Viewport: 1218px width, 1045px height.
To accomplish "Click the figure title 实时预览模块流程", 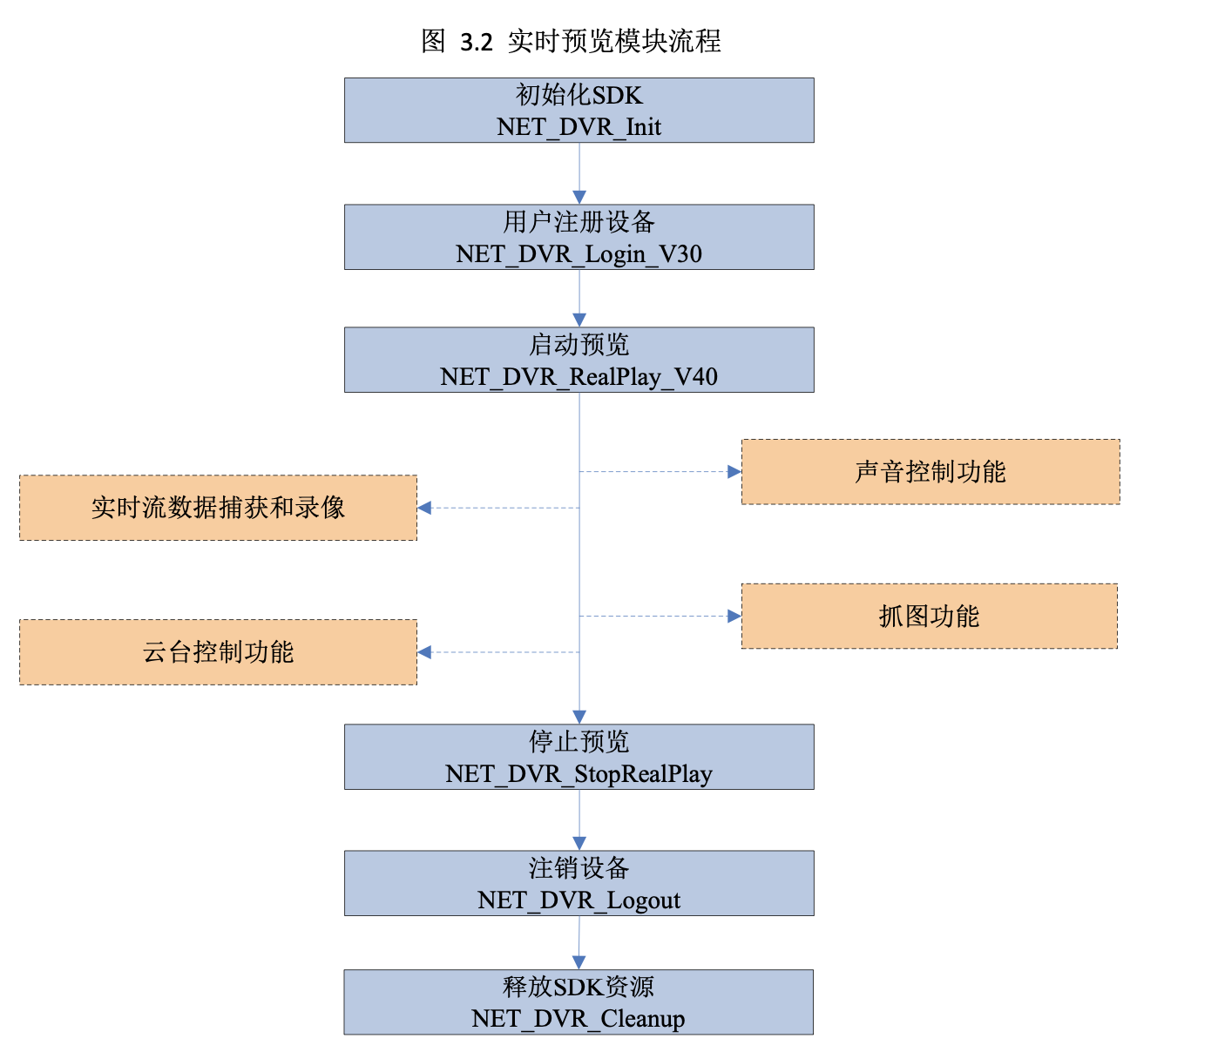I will tap(613, 41).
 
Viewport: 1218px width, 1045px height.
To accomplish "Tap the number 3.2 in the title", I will tap(476, 42).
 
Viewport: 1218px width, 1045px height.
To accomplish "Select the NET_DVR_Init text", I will tap(579, 127).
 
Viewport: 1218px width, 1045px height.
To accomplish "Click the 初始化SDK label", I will tap(579, 95).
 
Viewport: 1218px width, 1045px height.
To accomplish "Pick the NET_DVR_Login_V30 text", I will tap(579, 254).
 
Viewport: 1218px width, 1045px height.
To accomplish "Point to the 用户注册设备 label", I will tap(579, 222).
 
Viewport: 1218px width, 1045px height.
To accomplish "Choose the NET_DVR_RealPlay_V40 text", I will tap(579, 377).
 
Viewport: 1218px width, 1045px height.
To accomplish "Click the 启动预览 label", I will tap(579, 345).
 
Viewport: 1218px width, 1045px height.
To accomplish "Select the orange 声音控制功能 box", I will tap(930, 472).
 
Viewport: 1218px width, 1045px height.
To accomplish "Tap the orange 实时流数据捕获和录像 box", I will tap(218, 508).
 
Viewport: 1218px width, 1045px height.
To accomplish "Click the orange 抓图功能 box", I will tap(929, 617).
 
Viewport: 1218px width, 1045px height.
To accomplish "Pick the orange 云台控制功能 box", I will tap(218, 652).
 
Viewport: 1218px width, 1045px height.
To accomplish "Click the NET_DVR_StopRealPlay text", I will tap(579, 774).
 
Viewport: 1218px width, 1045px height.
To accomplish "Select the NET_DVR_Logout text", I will tap(579, 900).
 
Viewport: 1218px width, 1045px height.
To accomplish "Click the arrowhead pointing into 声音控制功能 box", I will tap(734, 472).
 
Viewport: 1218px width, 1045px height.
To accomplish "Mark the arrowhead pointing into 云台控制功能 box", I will tap(424, 652).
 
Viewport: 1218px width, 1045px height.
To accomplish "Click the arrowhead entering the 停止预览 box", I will tap(579, 717).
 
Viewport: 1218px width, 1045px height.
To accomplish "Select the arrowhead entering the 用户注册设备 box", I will tap(579, 198).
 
